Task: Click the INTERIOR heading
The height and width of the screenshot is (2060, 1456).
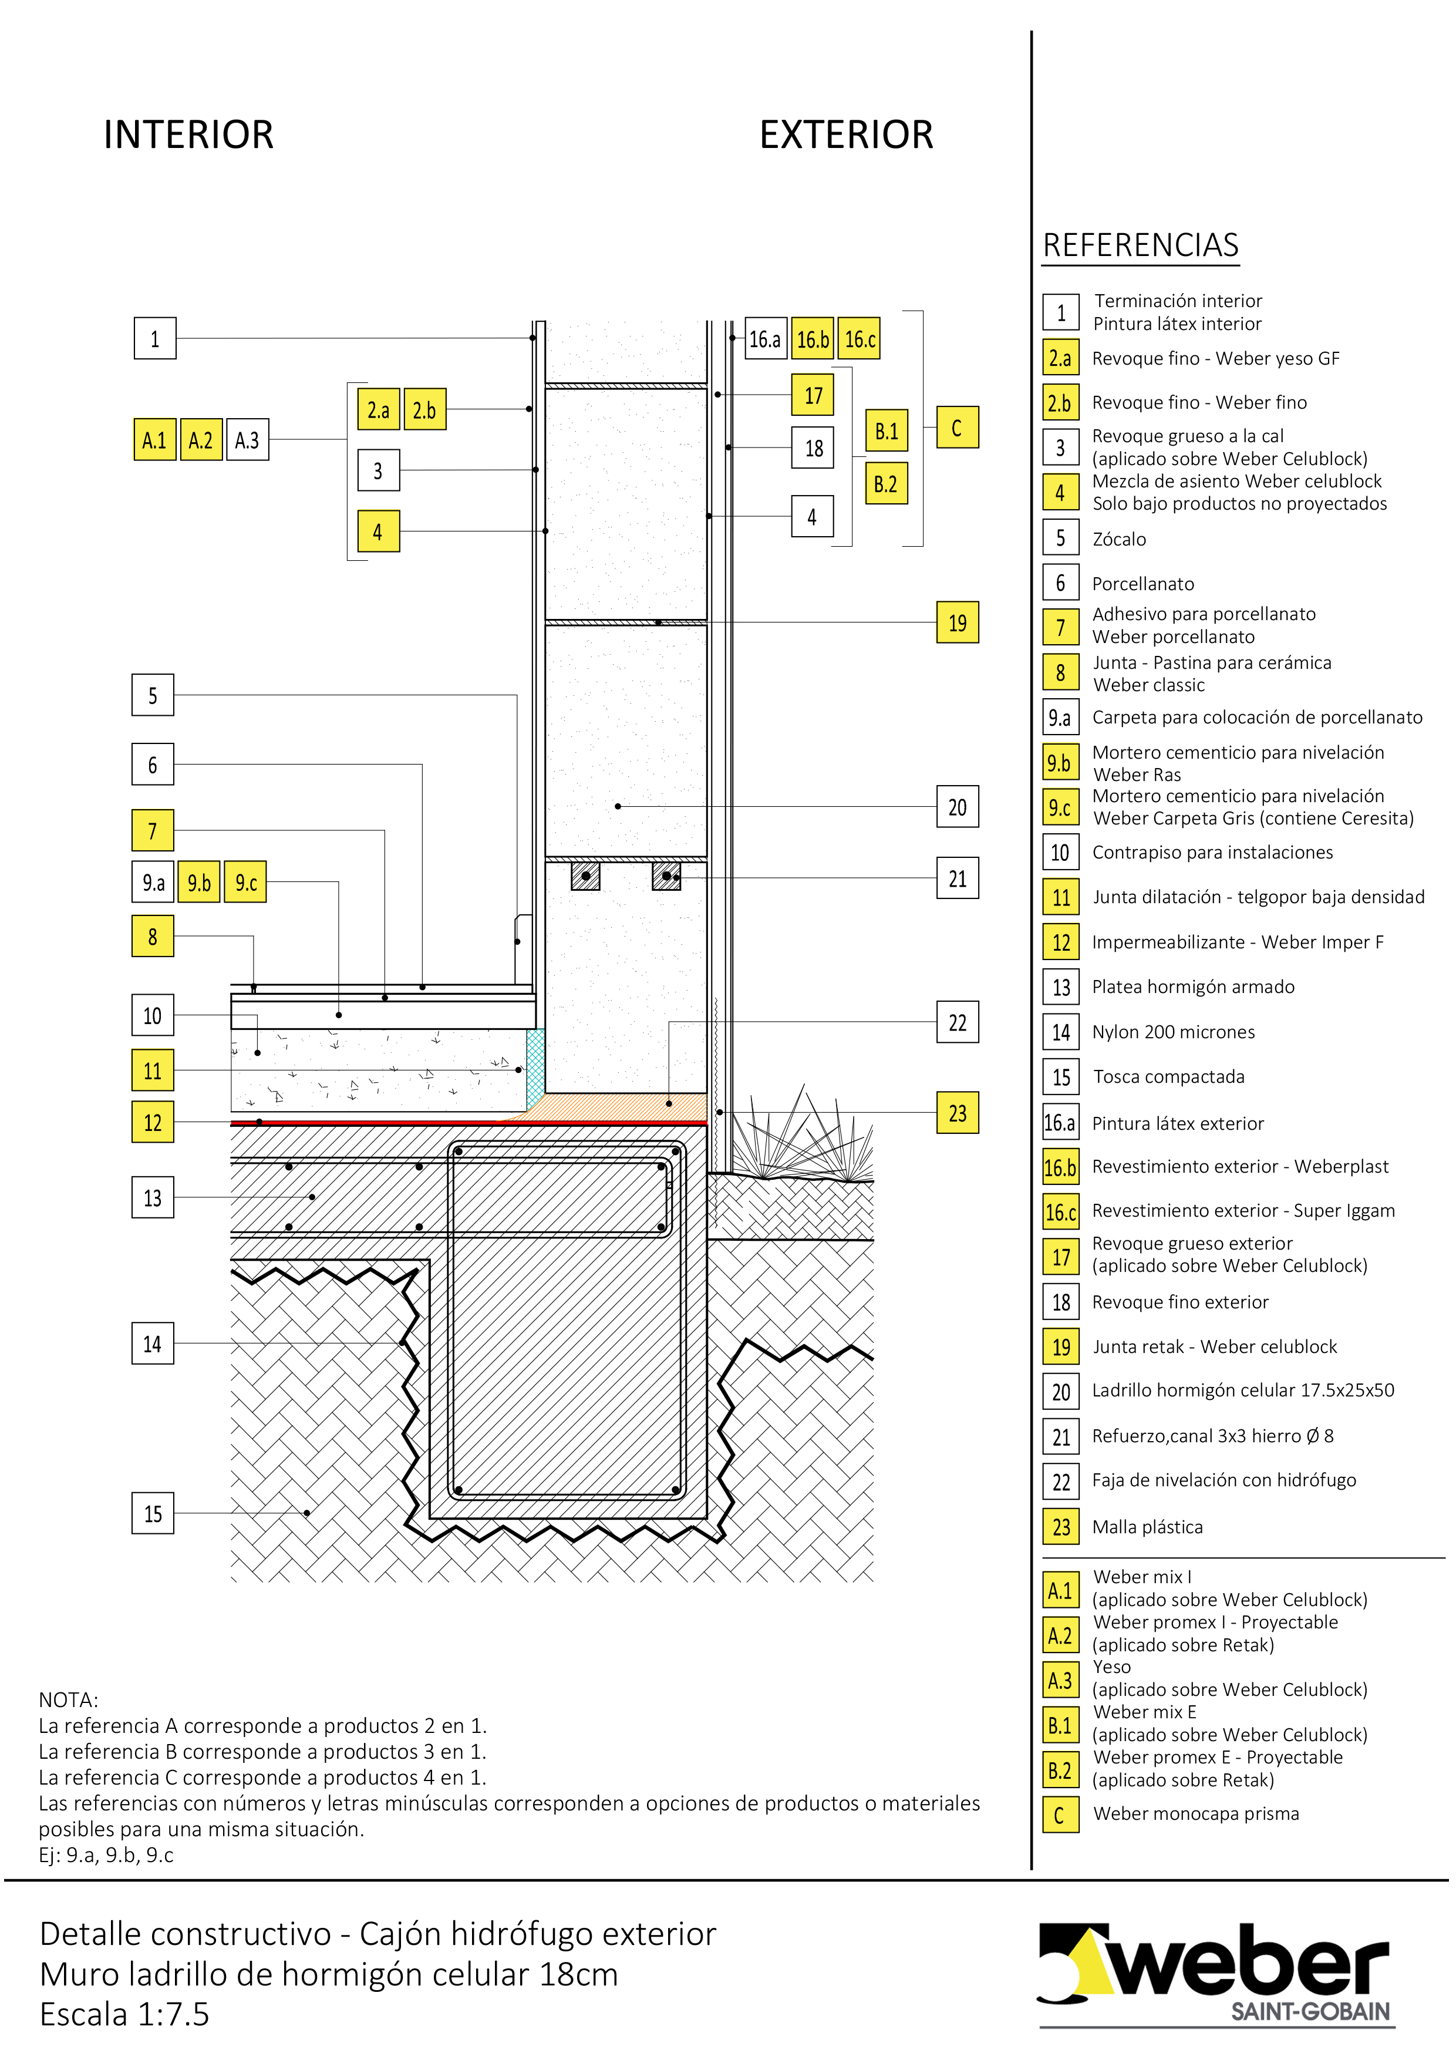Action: tap(188, 134)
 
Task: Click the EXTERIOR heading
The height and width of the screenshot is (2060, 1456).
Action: tap(846, 134)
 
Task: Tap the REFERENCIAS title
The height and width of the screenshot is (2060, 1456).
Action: tap(1140, 245)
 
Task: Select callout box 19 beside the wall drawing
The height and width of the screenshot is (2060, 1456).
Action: tap(957, 622)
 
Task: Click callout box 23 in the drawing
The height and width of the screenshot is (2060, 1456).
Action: tap(957, 1113)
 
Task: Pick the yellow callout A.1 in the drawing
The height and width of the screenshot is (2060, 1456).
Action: tap(154, 440)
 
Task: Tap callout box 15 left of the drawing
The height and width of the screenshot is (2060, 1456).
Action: tap(153, 1514)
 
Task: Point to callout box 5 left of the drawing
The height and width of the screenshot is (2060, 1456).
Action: tap(153, 695)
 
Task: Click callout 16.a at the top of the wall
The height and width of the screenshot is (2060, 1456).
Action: tap(765, 339)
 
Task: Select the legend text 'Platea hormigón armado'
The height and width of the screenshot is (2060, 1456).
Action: tap(1193, 987)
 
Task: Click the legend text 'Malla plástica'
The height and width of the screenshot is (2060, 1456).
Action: tap(1147, 1527)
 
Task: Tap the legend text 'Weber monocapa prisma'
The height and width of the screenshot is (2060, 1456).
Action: tap(1196, 1813)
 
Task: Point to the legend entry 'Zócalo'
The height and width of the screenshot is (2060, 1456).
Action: tap(1118, 539)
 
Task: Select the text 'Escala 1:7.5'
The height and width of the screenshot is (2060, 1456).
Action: tap(124, 2014)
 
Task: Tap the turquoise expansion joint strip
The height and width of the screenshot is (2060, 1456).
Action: tap(535, 1068)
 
